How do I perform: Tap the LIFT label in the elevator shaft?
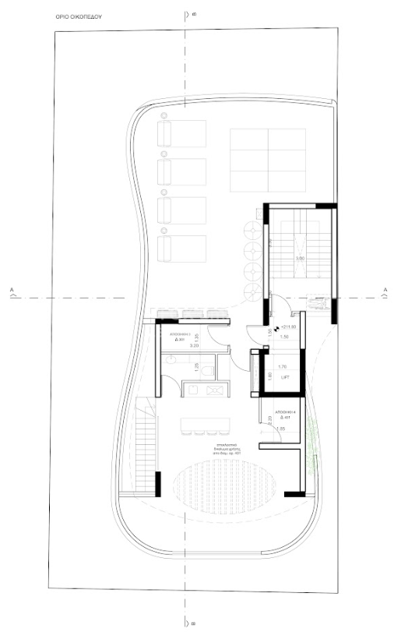coord(283,376)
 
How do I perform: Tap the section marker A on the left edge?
coord(12,291)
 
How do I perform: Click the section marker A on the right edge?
coord(385,291)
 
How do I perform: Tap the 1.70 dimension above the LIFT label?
coord(283,365)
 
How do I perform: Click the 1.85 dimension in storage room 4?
coord(281,429)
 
